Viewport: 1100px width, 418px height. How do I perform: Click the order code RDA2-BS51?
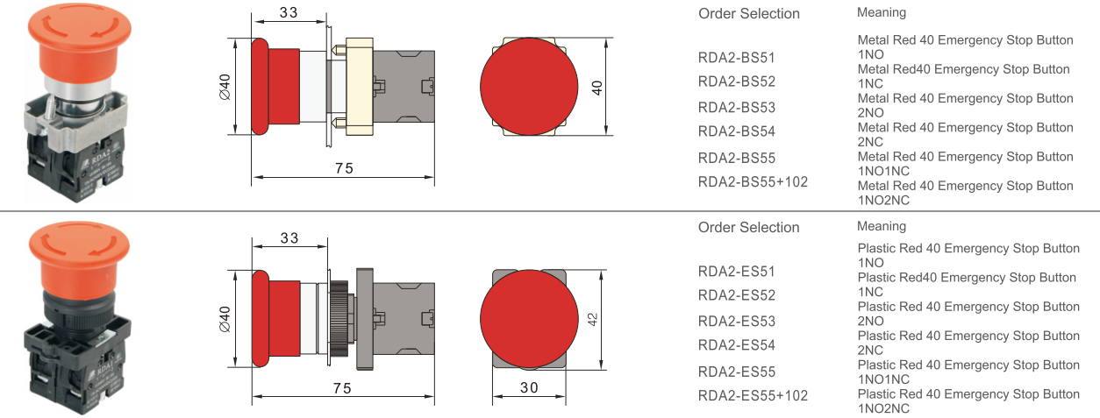click(x=737, y=58)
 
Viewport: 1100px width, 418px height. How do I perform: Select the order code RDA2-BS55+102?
click(x=753, y=182)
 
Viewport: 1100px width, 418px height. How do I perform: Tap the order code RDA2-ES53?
click(x=737, y=322)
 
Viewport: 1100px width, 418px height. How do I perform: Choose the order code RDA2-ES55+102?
click(x=753, y=396)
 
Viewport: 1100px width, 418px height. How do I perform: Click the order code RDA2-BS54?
click(x=737, y=132)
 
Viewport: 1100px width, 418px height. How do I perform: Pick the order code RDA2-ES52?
click(x=737, y=295)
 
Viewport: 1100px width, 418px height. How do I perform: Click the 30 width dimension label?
click(x=528, y=386)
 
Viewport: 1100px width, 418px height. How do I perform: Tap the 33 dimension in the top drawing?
click(x=289, y=12)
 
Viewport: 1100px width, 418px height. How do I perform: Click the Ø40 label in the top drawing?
click(x=224, y=87)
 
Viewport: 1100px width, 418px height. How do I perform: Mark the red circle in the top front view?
click(x=529, y=87)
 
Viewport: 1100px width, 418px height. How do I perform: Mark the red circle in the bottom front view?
click(x=529, y=319)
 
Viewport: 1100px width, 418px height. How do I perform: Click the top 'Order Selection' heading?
click(x=748, y=14)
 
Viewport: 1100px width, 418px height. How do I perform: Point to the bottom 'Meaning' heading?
click(x=882, y=226)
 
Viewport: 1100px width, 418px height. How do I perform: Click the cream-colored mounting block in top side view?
click(x=360, y=87)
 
